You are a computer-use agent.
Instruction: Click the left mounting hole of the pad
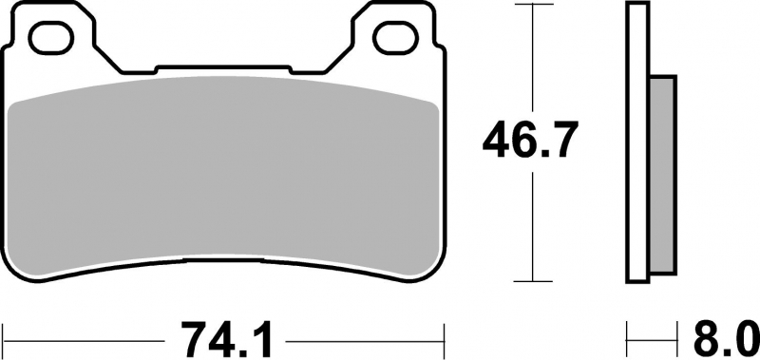[51, 37]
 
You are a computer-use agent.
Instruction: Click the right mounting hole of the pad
[395, 37]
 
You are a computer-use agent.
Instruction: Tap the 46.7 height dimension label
[530, 141]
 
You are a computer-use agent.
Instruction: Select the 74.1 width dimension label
[225, 340]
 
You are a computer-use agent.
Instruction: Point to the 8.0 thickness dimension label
[726, 340]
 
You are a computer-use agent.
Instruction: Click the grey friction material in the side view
[662, 174]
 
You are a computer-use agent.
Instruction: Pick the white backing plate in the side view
[637, 142]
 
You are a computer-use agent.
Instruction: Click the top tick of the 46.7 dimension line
[533, 5]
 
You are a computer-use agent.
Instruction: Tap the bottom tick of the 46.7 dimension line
[533, 281]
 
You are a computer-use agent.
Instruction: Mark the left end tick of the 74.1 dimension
[4, 340]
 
